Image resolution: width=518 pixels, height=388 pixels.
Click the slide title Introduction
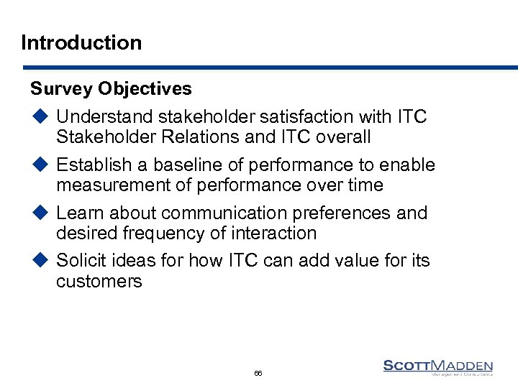[x=81, y=42]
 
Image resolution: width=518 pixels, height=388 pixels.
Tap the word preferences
[x=350, y=213]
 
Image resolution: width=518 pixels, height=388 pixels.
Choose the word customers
[x=99, y=281]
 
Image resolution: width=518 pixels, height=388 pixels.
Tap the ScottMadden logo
[x=437, y=367]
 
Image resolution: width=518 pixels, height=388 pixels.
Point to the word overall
[x=342, y=137]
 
